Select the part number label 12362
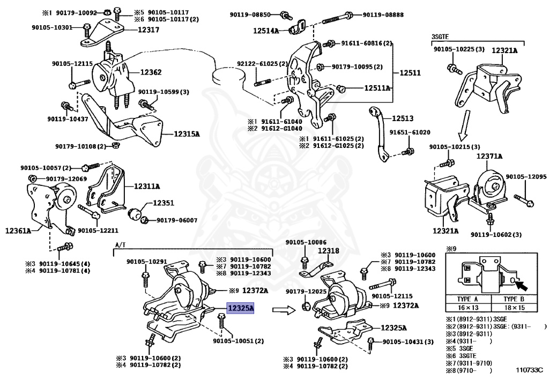151,72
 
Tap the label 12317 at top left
149,31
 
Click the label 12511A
377,88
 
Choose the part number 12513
403,118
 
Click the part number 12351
164,204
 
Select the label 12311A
147,186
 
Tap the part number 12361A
18,231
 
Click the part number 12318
328,250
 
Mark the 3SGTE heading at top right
440,36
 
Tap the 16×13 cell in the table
468,308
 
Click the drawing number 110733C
529,369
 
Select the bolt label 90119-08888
383,14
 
